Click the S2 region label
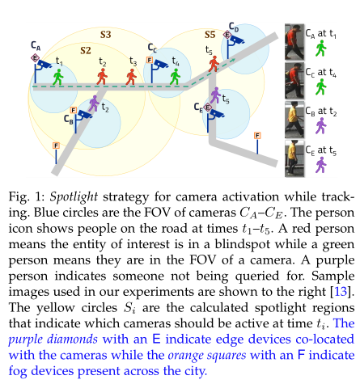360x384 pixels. (x=85, y=50)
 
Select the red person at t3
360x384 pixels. (x=133, y=75)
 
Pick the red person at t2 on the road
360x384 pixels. (x=102, y=75)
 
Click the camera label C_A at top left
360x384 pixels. (x=36, y=45)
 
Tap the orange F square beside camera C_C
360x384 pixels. (x=150, y=60)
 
